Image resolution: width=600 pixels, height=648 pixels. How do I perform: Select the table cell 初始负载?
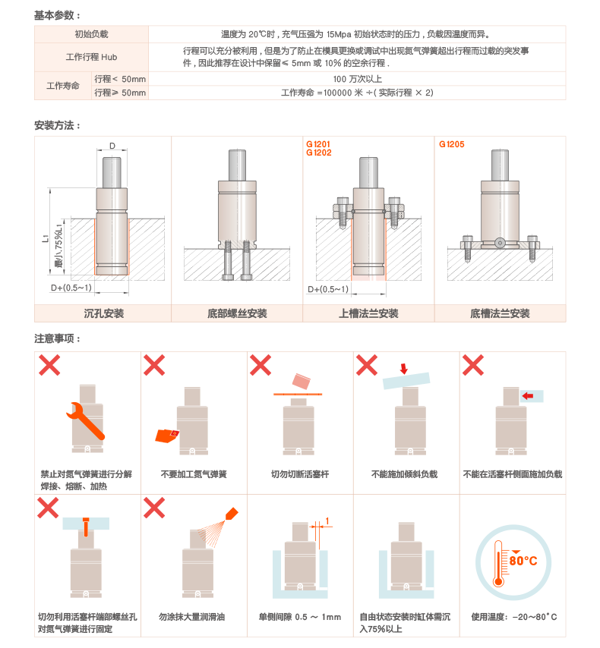91,34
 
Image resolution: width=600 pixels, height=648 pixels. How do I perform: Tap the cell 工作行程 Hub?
91,57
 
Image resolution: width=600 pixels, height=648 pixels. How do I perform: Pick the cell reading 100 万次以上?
357,78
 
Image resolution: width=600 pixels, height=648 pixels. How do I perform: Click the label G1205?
451,144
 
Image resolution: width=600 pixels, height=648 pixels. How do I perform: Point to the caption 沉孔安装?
103,313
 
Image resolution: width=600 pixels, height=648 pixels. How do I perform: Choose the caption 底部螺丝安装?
237,313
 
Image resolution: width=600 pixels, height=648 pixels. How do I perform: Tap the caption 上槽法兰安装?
368,313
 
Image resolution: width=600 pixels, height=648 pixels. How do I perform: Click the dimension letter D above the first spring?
112,146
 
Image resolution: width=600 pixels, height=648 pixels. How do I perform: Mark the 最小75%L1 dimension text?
58,245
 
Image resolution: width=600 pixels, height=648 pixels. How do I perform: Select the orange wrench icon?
85,420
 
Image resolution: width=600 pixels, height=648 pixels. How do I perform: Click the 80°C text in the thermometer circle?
523,561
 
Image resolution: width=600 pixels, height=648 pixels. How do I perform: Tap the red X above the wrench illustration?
49,365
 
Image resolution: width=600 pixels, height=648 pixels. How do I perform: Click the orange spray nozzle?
232,514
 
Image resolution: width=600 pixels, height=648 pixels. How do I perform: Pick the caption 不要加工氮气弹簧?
194,474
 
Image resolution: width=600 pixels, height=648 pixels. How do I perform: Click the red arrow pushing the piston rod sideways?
528,396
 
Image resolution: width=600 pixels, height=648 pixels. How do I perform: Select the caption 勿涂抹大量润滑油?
191,617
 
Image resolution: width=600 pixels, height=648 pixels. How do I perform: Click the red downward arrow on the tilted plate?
404,368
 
